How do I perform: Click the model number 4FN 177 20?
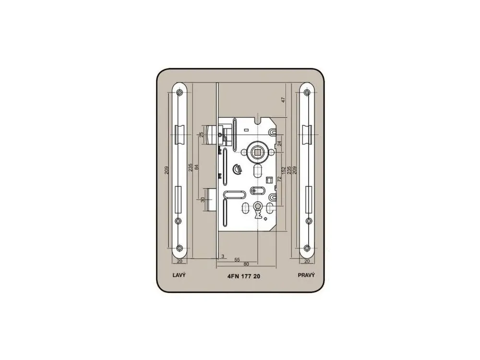click(x=244, y=276)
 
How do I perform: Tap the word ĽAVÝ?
click(x=179, y=275)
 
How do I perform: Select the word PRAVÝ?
click(x=306, y=275)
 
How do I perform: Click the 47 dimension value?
click(x=284, y=100)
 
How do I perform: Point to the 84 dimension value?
click(x=197, y=167)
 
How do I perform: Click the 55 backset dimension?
click(x=237, y=260)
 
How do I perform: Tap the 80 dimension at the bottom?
click(x=246, y=264)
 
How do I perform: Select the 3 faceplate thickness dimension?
click(x=223, y=256)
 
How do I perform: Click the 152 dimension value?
click(x=284, y=170)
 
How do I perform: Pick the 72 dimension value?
click(x=279, y=179)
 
